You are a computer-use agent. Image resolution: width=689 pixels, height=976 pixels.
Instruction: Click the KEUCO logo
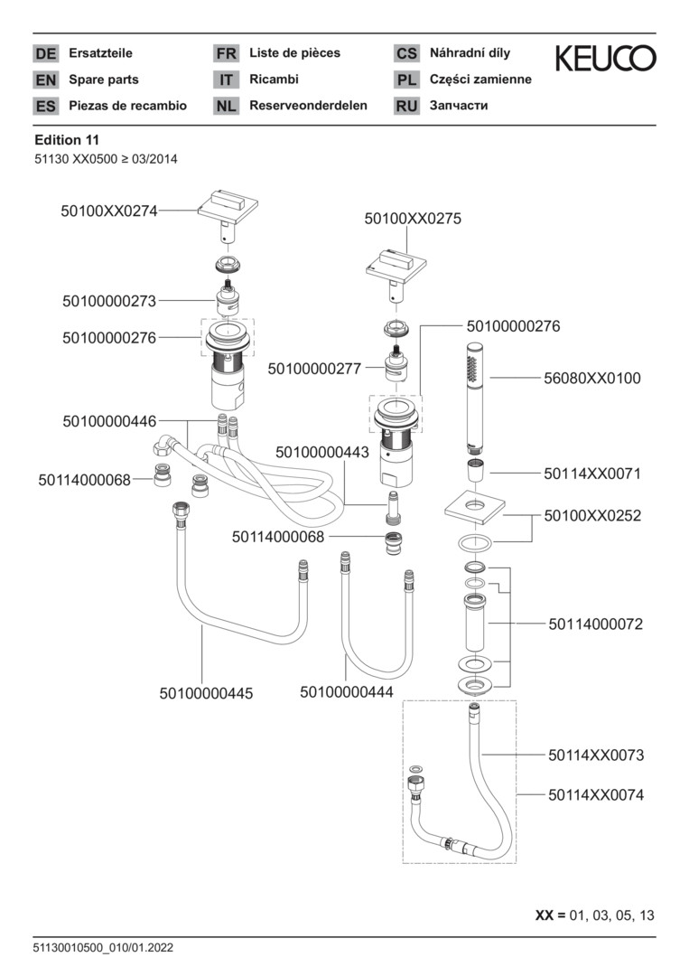605,60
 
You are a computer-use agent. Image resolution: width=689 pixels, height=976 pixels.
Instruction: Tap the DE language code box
45,53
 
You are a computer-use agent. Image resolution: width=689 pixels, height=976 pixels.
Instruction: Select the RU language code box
406,106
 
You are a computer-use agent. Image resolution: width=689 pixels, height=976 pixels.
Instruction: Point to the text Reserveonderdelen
308,106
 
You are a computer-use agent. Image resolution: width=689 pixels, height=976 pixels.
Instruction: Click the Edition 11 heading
66,140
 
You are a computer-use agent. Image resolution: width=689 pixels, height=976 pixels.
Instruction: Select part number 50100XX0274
109,211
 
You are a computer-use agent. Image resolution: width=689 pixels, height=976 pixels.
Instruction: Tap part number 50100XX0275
413,219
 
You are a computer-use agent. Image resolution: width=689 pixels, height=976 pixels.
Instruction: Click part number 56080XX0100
592,379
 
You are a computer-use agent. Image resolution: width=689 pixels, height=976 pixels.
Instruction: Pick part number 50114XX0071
592,473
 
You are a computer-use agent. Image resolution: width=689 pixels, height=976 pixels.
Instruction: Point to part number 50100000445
206,693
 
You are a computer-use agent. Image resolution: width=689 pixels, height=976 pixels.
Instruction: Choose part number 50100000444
347,692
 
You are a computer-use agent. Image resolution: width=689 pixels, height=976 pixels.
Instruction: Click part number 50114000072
595,624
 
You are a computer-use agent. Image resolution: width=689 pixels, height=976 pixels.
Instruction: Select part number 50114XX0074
595,795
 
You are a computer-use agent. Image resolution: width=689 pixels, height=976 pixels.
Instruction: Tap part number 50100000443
322,452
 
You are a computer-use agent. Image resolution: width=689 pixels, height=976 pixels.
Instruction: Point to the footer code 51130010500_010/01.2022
103,948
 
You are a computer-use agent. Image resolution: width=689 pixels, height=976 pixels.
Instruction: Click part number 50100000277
314,369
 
